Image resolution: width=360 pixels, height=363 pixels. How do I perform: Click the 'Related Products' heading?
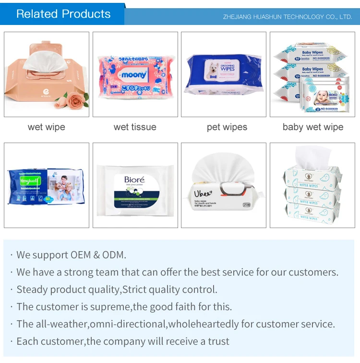click(x=63, y=14)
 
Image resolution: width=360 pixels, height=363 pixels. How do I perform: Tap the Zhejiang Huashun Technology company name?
click(x=287, y=17)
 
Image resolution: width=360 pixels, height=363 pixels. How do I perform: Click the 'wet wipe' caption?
click(x=47, y=127)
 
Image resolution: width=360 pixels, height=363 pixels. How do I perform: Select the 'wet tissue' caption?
click(x=135, y=127)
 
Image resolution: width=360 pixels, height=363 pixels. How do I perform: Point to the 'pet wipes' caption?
click(x=227, y=127)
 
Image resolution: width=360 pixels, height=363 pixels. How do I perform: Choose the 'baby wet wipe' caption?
click(x=313, y=127)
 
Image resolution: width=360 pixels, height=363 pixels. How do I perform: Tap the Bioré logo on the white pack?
click(x=134, y=181)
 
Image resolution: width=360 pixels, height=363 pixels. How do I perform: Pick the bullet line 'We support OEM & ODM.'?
click(x=71, y=255)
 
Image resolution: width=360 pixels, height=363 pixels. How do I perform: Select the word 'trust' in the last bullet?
click(x=217, y=341)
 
